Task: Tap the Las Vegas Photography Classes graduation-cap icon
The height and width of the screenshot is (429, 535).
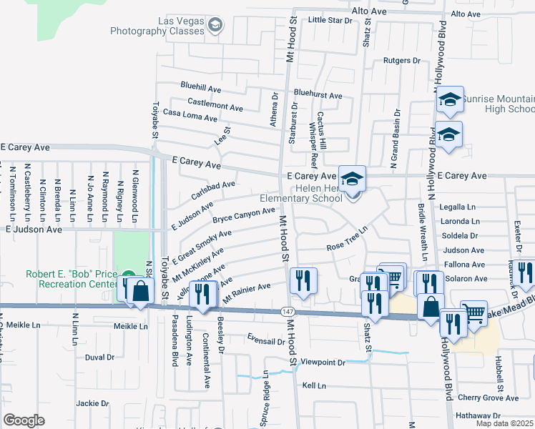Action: coord(215,26)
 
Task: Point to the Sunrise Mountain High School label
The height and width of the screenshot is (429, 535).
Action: coord(498,104)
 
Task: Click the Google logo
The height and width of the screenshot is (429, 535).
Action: coord(24,420)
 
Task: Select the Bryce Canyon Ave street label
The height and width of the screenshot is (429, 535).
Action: coord(243,214)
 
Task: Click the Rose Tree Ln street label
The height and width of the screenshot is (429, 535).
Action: coord(346,238)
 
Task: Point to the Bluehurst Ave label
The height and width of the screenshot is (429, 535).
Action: coord(318,95)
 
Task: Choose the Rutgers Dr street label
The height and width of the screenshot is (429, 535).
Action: coord(401,61)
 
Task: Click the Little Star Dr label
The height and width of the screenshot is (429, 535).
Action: coord(330,20)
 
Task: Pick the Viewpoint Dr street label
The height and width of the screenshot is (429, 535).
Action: coord(323,363)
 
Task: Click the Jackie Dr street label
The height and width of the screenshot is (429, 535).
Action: coord(92,403)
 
